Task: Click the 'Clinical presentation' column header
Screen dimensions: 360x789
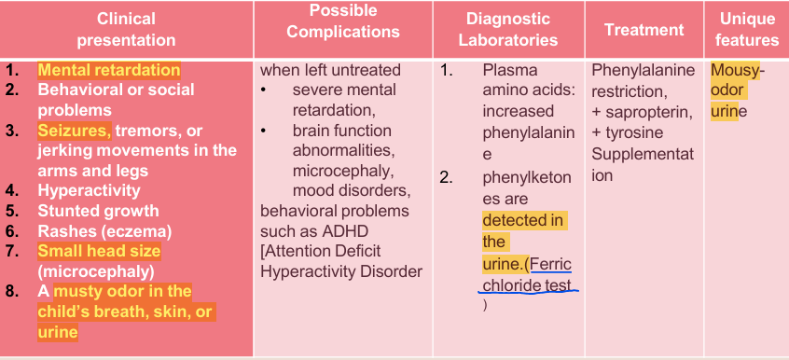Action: pyautogui.click(x=126, y=30)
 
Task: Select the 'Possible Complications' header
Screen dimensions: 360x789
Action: pyautogui.click(x=343, y=21)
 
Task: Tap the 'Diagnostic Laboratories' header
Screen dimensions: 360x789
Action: pyautogui.click(x=508, y=30)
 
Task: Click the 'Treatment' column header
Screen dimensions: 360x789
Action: pyautogui.click(x=644, y=30)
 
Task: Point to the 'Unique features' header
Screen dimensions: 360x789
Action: pyautogui.click(x=748, y=30)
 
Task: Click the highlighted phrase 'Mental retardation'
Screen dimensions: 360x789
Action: pyautogui.click(x=109, y=70)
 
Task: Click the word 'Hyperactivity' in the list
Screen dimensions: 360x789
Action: pyautogui.click(x=89, y=190)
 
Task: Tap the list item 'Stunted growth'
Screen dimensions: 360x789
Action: pyautogui.click(x=98, y=211)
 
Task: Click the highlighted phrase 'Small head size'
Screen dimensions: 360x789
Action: pyautogui.click(x=99, y=251)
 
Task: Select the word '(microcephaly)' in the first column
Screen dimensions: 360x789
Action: pyautogui.click(x=94, y=271)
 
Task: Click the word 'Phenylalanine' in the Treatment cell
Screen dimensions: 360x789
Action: pyautogui.click(x=644, y=71)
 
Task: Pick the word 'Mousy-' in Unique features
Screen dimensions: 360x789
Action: pyautogui.click(x=737, y=71)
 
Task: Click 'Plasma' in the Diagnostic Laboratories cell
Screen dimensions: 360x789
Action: pyautogui.click(x=510, y=71)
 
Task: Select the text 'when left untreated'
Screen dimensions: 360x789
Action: pyautogui.click(x=330, y=70)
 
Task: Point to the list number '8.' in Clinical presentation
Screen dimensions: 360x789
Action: pyautogui.click(x=12, y=291)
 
